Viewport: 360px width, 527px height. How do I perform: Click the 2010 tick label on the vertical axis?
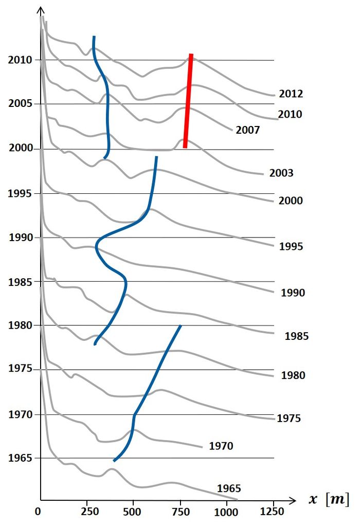point(20,60)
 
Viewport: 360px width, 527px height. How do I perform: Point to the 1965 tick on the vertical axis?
point(20,458)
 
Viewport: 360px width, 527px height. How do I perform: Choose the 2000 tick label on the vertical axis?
point(20,149)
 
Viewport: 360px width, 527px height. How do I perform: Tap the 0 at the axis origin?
point(38,512)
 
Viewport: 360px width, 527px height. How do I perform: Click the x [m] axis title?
point(329,499)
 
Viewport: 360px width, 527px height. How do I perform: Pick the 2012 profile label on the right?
point(291,94)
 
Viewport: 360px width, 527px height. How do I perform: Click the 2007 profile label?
point(248,130)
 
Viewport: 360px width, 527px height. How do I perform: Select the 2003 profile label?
point(281,173)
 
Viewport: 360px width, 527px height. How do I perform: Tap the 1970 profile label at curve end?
point(221,446)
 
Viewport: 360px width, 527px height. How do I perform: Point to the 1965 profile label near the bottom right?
point(229,488)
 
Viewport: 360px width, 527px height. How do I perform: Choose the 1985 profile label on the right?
point(296,337)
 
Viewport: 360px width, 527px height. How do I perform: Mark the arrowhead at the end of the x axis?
point(292,499)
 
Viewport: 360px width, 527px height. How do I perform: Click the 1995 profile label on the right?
point(291,246)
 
